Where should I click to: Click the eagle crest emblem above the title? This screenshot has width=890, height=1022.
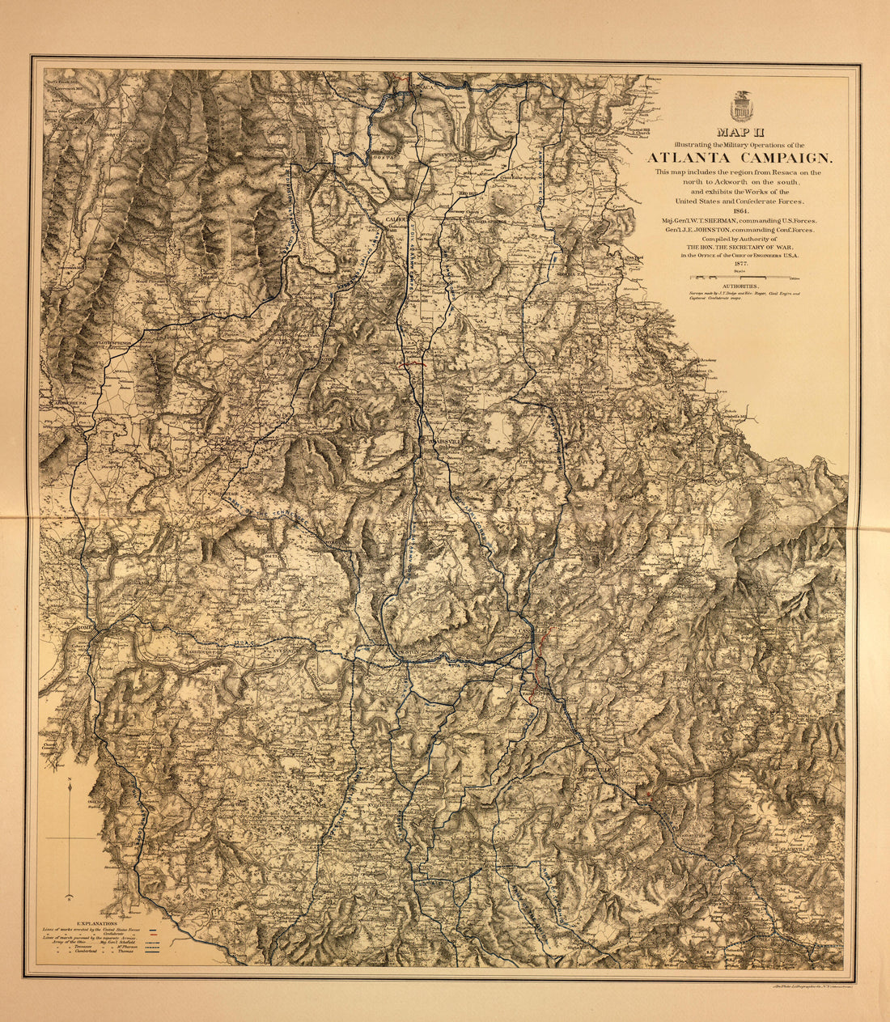click(741, 106)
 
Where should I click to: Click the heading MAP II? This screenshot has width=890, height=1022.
click(741, 132)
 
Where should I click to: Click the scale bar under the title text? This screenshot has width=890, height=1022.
click(742, 277)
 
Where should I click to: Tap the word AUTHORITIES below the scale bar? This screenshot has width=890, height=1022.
click(741, 286)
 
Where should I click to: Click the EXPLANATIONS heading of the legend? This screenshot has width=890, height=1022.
click(96, 922)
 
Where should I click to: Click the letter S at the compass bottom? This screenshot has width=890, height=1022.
click(70, 898)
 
